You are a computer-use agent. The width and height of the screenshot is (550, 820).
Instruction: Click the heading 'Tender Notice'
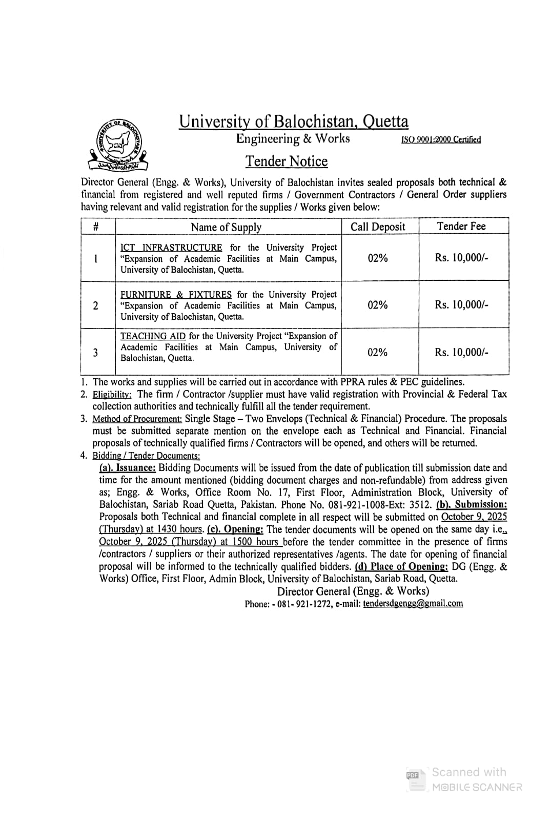coord(286,161)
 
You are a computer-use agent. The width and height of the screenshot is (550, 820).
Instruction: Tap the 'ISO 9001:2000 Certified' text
coord(441,139)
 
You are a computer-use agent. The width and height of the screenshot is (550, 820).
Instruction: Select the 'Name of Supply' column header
coord(226,227)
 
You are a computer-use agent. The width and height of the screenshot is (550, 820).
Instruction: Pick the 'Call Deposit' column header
coord(378,227)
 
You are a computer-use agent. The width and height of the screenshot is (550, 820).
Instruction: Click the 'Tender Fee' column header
coord(461,226)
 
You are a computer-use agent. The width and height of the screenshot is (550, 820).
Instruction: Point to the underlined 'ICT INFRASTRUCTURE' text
coord(171,248)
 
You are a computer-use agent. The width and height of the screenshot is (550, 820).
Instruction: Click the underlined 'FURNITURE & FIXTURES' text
coord(176,295)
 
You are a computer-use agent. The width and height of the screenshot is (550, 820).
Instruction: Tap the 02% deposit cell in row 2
coord(378,305)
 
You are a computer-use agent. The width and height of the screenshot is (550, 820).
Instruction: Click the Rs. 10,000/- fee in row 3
coord(461,352)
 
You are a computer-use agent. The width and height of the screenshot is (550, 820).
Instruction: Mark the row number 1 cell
coord(96,259)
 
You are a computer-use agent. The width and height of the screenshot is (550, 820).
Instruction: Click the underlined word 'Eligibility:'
coord(112,395)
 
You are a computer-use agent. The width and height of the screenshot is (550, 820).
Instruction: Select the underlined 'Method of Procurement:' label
coord(137,419)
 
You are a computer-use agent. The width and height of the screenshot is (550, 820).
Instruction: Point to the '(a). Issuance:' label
coord(127,468)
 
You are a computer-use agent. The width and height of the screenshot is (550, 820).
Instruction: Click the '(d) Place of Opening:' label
coord(401,567)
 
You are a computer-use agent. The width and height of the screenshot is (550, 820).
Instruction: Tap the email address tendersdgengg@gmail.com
coord(413,604)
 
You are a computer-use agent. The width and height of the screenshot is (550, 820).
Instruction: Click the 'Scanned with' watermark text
coord(468,772)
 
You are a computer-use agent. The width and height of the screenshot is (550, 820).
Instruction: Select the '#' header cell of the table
coord(96,227)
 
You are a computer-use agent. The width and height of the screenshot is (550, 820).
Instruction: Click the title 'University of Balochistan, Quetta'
coord(294,121)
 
